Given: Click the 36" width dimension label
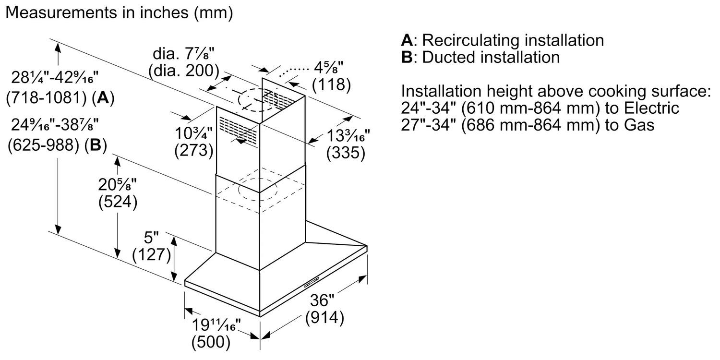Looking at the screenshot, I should pos(321,300).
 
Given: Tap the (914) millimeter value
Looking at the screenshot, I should pos(325,317).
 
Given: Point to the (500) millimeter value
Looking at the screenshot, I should pos(211,343).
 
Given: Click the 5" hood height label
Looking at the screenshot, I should pos(151,237).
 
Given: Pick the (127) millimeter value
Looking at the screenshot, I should pos(152,254).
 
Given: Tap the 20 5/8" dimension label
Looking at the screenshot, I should pos(118,185).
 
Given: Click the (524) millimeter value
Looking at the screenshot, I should pos(118,202).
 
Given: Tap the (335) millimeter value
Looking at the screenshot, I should pos(346,153).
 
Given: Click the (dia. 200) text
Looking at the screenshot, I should pos(184,71).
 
